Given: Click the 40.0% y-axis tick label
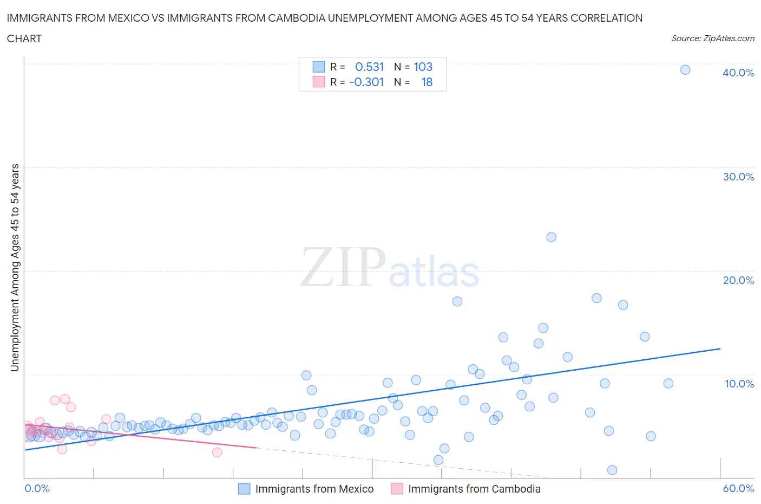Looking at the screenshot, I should pyautogui.click(x=738, y=73).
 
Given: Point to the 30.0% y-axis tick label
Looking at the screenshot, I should pyautogui.click(x=738, y=177).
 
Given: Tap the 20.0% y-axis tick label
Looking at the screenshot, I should pyautogui.click(x=738, y=280).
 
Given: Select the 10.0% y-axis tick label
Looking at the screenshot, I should pyautogui.click(x=739, y=384).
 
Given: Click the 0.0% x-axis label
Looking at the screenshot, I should pyautogui.click(x=37, y=488).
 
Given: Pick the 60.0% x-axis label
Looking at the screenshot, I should pyautogui.click(x=738, y=488).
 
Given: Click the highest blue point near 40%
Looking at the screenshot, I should pyautogui.click(x=685, y=69).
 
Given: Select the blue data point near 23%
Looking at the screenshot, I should pyautogui.click(x=551, y=237).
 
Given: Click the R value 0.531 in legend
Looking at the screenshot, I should pyautogui.click(x=369, y=67).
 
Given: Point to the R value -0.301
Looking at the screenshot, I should pyautogui.click(x=366, y=82).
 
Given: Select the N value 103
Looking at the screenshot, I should pyautogui.click(x=423, y=67).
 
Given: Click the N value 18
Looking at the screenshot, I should pyautogui.click(x=427, y=82).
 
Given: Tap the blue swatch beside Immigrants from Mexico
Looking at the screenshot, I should pyautogui.click(x=244, y=489).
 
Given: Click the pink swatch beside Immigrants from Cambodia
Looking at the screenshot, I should pyautogui.click(x=397, y=489).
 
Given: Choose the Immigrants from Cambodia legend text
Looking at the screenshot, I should pyautogui.click(x=474, y=489).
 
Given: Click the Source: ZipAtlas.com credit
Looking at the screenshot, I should pyautogui.click(x=712, y=38).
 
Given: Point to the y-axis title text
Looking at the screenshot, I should pyautogui.click(x=15, y=267).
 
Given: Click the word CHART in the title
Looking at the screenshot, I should pyautogui.click(x=24, y=38).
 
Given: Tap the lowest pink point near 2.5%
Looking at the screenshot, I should pyautogui.click(x=217, y=453).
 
